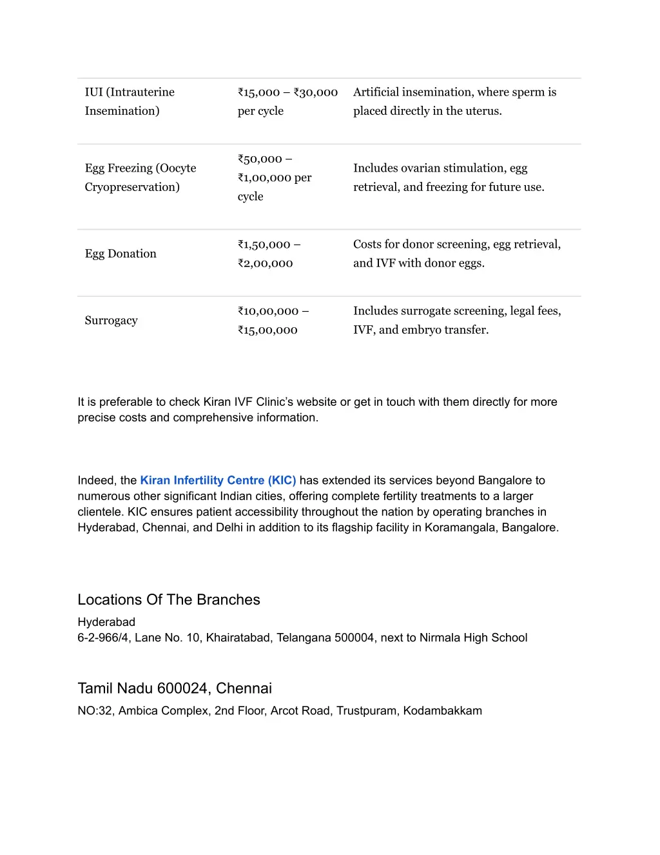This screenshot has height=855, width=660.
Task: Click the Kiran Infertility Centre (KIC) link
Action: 218,480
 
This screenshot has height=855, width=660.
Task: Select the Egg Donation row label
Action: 121,254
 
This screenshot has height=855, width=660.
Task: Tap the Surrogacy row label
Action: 111,320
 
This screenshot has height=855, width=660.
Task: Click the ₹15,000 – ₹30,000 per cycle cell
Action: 287,101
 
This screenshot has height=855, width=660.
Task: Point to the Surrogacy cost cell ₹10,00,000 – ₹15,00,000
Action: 273,320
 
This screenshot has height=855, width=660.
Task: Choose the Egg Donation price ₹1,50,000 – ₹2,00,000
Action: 269,254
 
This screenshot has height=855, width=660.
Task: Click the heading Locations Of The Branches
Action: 169,599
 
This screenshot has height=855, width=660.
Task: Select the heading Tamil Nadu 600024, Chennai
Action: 175,688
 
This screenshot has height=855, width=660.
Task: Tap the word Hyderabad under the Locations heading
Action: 106,622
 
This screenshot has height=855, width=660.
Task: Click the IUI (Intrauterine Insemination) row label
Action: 130,101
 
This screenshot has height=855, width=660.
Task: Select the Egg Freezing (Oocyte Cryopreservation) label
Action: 140,177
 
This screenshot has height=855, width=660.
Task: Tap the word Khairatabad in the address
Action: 238,638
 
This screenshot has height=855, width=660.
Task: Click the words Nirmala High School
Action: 473,638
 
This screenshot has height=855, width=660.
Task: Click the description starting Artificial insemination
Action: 454,101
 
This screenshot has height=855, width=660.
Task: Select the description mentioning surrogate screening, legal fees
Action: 457,320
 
